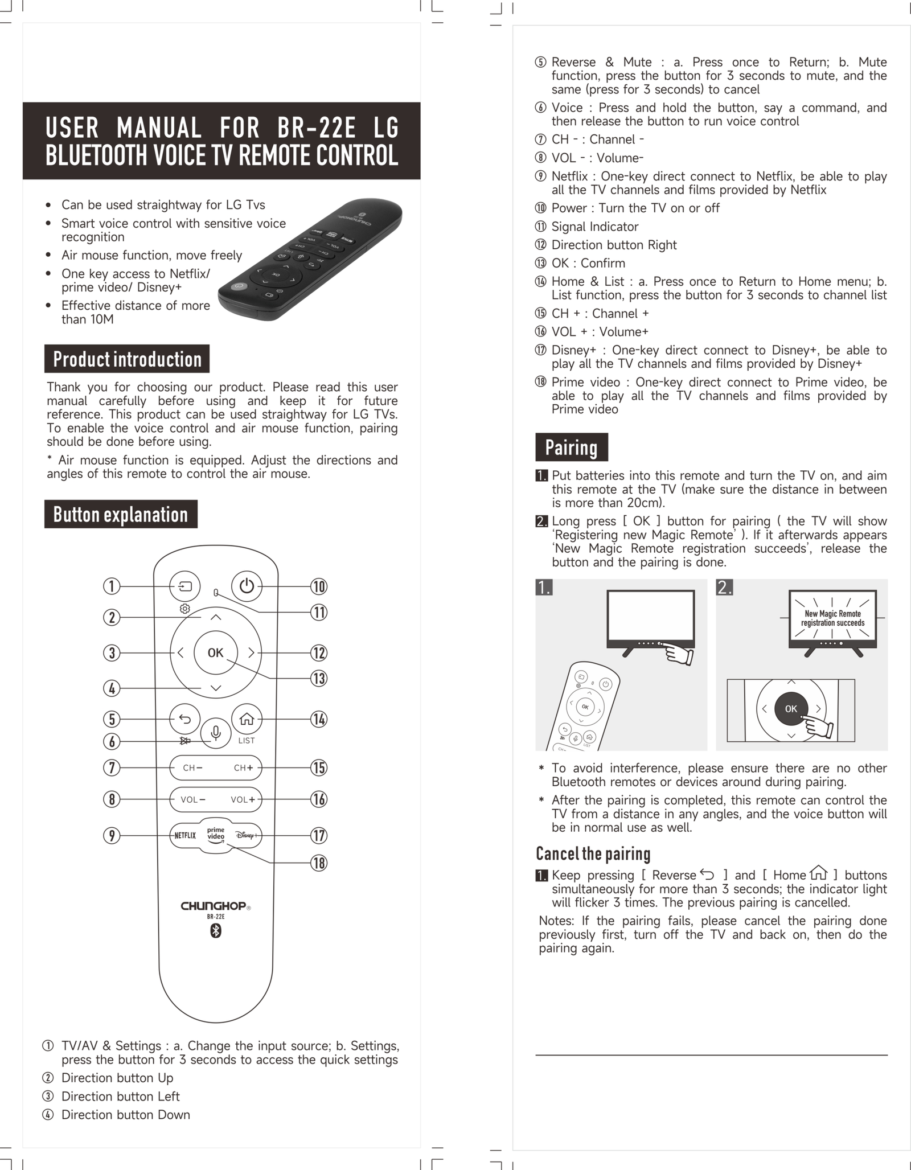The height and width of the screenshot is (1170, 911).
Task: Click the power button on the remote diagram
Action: coord(247,586)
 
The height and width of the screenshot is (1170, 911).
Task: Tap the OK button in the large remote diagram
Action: coord(216,652)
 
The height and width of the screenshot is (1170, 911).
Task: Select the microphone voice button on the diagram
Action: coord(216,733)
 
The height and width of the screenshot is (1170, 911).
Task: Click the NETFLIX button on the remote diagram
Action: coord(185,835)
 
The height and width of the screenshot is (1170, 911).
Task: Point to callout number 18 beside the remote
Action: coord(319,863)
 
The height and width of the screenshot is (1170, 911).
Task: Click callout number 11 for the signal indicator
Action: coord(319,612)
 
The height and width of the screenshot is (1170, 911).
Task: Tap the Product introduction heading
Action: coord(127,359)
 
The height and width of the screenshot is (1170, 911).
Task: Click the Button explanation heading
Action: coord(121,514)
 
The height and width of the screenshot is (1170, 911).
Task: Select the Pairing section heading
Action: coord(572,447)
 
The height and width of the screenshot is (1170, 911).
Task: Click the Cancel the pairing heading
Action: coord(593,853)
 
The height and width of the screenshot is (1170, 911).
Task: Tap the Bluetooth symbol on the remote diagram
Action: coord(216,931)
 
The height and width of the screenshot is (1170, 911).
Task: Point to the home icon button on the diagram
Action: coord(247,719)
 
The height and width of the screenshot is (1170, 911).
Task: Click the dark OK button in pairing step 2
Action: coord(791,708)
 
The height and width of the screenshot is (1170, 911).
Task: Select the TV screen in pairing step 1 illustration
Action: coord(651,616)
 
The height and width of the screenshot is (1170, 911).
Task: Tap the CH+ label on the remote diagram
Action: coord(244,767)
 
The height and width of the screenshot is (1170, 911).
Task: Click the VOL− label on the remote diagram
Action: coord(193,799)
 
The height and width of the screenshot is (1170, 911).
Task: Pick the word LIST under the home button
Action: coord(247,741)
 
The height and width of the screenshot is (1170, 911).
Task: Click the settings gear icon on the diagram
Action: coord(185,609)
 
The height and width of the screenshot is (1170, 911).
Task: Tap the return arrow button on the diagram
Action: coord(185,719)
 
